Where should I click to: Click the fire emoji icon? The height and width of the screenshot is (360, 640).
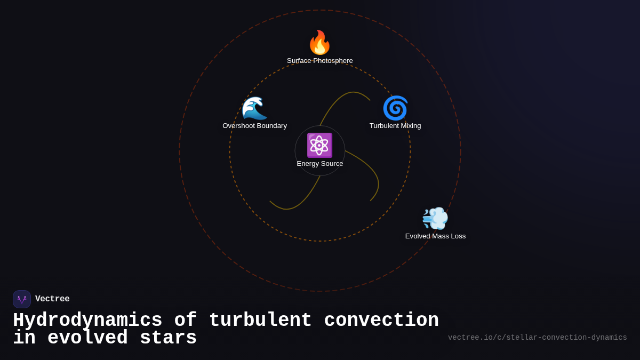[319, 43]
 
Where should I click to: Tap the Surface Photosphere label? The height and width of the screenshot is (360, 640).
[319, 61]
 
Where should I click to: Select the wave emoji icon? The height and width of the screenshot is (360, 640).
[254, 108]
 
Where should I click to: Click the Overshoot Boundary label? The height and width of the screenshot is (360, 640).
[254, 126]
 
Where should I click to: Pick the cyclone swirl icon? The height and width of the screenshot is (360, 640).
[395, 108]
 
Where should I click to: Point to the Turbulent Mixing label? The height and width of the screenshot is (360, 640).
[395, 126]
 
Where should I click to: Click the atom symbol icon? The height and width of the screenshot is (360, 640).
[319, 145]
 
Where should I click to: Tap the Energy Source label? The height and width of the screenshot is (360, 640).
[319, 164]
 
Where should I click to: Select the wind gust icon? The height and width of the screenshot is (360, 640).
[435, 218]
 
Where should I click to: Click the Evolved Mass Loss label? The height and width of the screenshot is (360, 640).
[435, 236]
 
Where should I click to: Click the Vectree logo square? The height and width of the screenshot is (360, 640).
[22, 299]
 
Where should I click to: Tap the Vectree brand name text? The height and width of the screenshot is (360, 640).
[52, 299]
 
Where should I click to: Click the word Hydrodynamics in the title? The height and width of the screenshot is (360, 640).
[87, 321]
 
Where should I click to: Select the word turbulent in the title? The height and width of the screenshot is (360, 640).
[260, 321]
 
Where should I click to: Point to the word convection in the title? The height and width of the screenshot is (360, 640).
[381, 321]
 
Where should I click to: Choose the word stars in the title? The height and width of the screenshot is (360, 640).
[168, 338]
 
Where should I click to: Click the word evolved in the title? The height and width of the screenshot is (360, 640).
[87, 338]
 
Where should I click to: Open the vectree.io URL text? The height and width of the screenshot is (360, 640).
[537, 338]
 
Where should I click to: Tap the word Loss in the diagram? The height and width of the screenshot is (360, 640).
[457, 236]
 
